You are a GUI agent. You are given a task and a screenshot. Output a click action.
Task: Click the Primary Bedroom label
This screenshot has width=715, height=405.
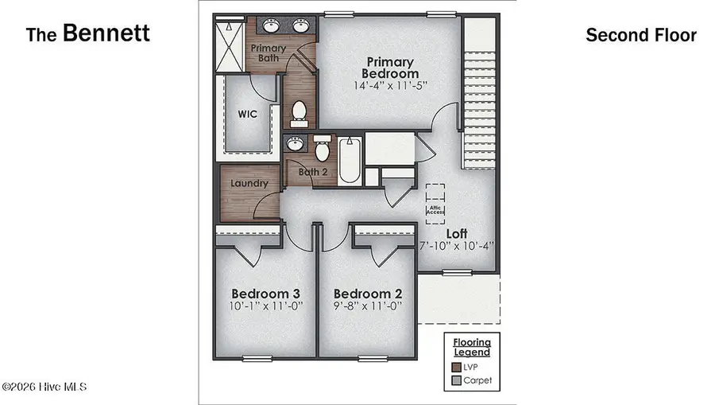390,68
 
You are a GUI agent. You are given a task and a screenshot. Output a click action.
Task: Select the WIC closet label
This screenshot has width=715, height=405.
248,114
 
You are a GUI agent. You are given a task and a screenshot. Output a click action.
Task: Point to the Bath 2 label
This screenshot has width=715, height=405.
312,171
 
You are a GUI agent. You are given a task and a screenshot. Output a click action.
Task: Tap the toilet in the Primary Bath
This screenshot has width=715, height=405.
300,114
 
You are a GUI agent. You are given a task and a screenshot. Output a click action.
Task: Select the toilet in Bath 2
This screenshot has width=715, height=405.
323,149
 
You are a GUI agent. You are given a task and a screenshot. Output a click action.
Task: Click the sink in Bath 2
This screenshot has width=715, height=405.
295,144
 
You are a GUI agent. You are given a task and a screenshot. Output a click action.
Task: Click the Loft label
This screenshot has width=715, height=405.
456,233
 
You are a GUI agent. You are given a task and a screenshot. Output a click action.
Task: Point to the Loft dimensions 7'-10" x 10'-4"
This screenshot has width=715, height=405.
456,246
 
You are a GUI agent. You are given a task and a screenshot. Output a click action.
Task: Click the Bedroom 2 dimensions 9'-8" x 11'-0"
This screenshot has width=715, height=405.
367,304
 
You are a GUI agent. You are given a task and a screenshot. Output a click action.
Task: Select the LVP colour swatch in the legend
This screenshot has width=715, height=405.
456,367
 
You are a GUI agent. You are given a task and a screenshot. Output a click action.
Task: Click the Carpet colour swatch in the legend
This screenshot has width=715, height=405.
456,380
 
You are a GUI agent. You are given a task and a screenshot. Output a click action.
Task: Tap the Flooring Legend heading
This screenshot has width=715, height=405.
471,347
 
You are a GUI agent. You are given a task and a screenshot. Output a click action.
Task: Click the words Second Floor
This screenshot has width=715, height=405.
640,35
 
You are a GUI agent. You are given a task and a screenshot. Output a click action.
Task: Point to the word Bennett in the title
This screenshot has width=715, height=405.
106,33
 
